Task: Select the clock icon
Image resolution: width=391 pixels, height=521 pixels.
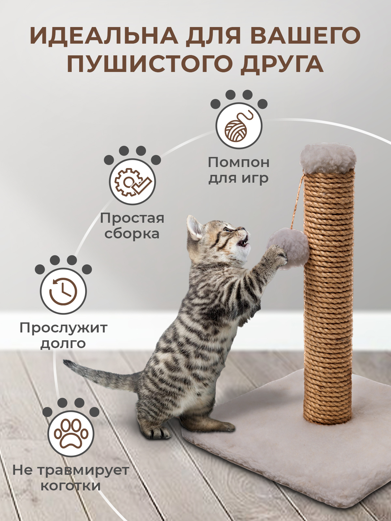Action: point(63,291)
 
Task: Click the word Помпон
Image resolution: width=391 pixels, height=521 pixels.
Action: point(239,163)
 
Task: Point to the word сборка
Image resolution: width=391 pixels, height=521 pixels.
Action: point(132,233)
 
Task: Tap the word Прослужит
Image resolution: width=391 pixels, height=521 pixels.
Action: point(64,328)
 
